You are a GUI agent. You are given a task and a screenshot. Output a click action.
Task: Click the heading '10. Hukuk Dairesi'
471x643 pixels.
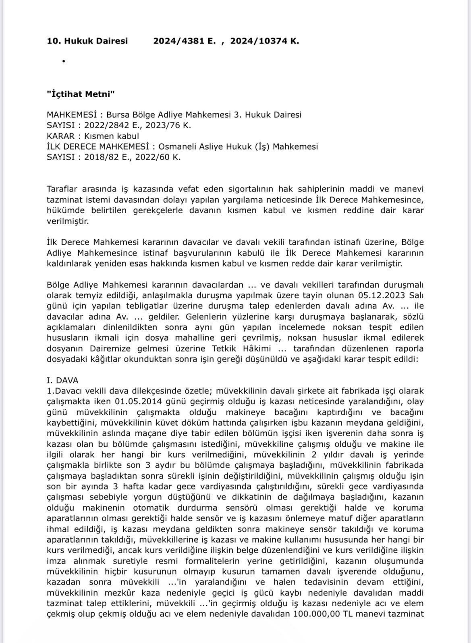pyautogui.click(x=87, y=41)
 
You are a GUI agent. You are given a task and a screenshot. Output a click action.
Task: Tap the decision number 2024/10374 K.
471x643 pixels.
pyautogui.click(x=264, y=41)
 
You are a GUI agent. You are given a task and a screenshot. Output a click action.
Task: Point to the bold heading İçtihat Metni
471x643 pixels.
pyautogui.click(x=81, y=94)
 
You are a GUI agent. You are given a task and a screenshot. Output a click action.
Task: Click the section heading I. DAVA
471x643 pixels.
pyautogui.click(x=62, y=380)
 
